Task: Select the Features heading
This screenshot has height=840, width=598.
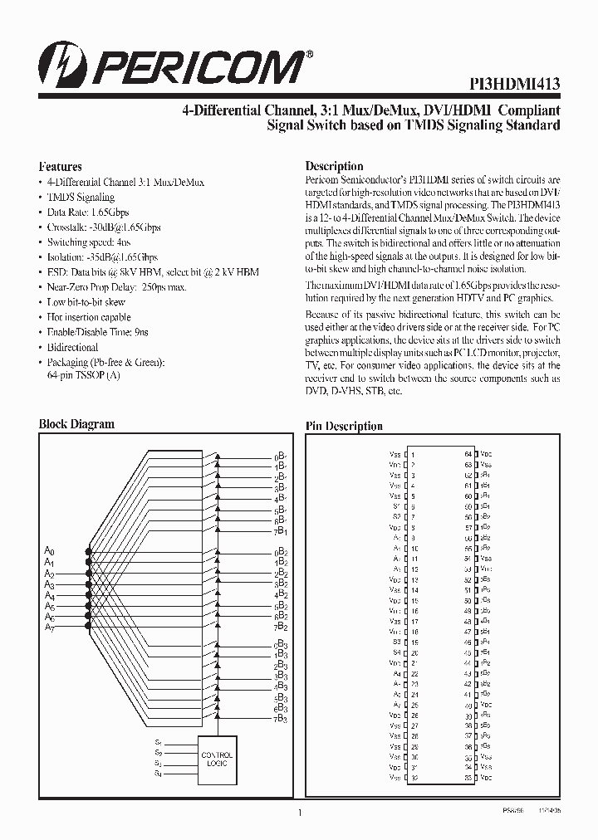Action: tap(61, 166)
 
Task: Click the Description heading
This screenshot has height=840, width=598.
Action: tap(334, 166)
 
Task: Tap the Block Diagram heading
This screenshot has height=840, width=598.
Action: tap(76, 424)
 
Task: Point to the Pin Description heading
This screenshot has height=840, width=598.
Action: tap(344, 427)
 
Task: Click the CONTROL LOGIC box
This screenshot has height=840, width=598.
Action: tap(217, 758)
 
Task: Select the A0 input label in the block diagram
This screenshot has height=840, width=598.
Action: tap(49, 551)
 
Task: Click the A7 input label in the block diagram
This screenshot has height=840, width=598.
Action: tap(49, 628)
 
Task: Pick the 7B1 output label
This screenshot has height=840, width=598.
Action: tap(280, 530)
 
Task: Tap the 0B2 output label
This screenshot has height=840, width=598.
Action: tap(280, 551)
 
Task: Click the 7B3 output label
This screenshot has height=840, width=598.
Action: tap(280, 719)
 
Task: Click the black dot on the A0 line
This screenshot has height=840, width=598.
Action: tap(86, 551)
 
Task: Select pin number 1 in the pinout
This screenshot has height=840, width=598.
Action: tap(413, 455)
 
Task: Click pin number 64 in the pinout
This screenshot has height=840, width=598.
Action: tap(468, 455)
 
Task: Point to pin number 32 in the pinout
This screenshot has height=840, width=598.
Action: tap(413, 777)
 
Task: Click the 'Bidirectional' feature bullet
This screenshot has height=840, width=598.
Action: tap(72, 348)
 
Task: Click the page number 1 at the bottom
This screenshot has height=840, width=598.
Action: tap(298, 814)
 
